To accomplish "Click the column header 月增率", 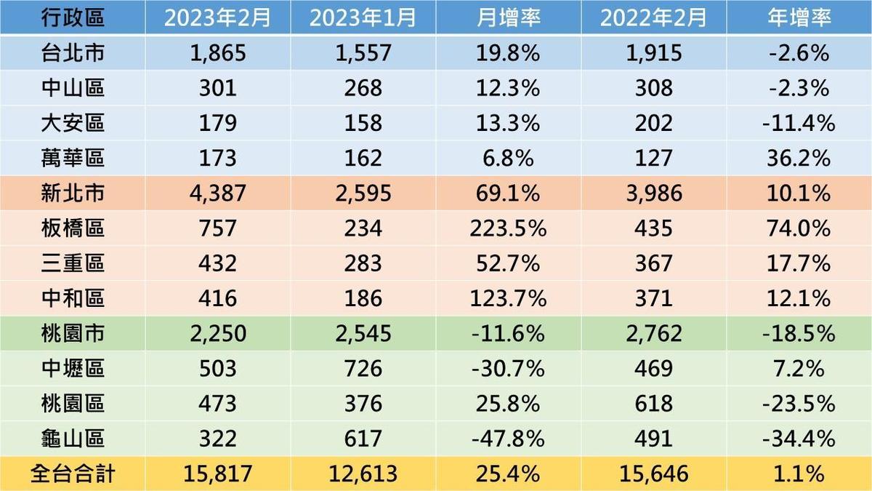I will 509,17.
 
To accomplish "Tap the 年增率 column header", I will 799,17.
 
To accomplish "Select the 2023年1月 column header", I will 363,17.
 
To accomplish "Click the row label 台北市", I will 73,52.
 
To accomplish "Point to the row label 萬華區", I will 73,158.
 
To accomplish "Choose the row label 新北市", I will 73,193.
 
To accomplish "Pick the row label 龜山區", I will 73,439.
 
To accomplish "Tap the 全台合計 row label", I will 73,474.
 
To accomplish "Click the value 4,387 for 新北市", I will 218,193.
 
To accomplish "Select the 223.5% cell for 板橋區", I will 509,228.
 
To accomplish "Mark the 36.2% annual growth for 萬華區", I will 799,158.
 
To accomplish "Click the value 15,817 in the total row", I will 218,474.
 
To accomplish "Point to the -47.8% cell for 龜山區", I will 509,439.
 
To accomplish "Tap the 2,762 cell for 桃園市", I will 653,334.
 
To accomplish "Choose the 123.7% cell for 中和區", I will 509,298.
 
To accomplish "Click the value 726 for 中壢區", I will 363,369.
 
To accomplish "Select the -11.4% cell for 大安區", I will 799,123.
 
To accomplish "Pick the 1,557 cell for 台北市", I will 363,52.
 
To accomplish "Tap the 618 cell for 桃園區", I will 653,404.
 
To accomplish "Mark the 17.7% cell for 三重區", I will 799,263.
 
